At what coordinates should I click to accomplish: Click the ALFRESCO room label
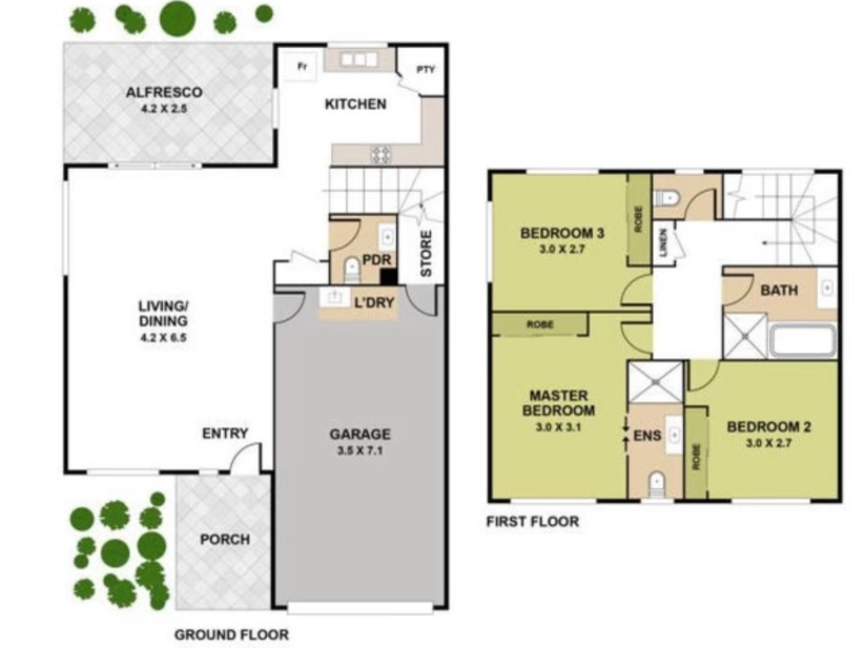pos(164,92)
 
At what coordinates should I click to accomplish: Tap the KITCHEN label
pos(356,104)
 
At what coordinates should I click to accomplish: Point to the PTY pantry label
pos(426,69)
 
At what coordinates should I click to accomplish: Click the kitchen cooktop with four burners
pos(381,155)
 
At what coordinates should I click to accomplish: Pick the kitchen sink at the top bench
pos(359,59)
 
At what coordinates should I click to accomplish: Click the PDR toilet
pos(352,270)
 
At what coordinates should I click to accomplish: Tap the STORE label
pos(426,253)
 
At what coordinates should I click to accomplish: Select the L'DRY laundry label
pos(375,302)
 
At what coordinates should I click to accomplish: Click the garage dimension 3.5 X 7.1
pos(360,451)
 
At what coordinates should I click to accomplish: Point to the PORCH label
pos(225,539)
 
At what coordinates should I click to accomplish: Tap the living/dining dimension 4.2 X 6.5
pos(163,337)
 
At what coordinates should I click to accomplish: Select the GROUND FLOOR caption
pos(231,635)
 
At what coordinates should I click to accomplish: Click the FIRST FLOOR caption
pos(532,521)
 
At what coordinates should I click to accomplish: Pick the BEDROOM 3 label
pos(562,233)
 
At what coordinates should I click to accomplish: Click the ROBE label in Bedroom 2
pos(696,457)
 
